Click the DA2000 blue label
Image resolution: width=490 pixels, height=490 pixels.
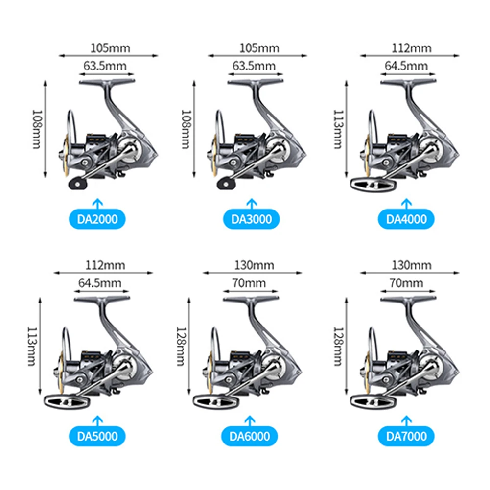coord(97,219)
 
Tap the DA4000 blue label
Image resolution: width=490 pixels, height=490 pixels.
coord(407,219)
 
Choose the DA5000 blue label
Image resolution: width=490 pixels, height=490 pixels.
coord(97,436)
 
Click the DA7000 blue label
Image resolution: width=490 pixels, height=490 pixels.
coord(407,436)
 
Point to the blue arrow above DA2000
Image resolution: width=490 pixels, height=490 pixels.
coord(97,203)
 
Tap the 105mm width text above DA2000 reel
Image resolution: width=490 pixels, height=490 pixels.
coord(108,48)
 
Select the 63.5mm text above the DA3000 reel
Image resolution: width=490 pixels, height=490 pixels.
coord(254,66)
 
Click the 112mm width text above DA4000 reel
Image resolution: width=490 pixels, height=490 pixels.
coord(412,48)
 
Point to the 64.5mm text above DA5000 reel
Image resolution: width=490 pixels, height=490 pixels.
coord(99,283)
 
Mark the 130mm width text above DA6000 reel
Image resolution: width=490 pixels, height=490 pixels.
coord(254,265)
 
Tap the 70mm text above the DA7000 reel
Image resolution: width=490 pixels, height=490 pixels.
coord(406,283)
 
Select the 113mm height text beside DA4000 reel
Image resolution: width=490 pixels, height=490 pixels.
coord(337,129)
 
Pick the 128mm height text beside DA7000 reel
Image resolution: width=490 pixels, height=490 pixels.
coord(337,347)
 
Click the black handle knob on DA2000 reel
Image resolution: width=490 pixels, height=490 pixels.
coord(77,184)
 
